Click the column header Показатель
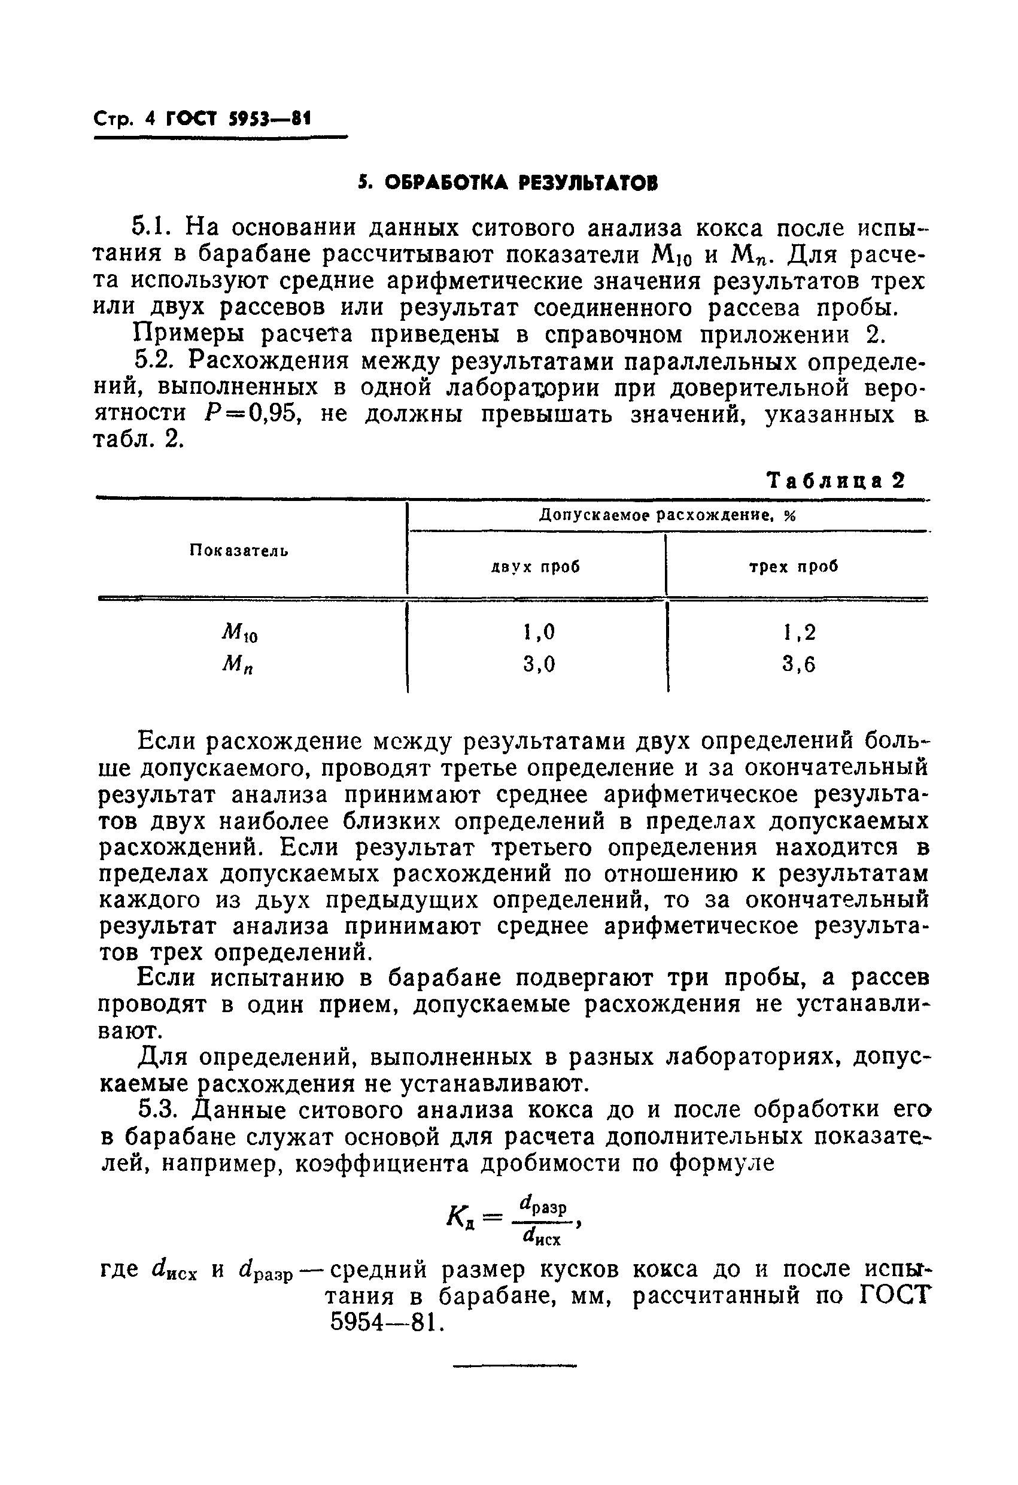click(x=238, y=551)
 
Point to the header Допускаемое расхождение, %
click(x=667, y=515)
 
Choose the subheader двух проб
click(x=536, y=567)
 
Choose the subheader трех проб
click(x=794, y=567)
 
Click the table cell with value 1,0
click(x=538, y=632)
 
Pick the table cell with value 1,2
click(x=799, y=632)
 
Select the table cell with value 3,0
click(x=538, y=664)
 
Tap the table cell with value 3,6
click(x=799, y=664)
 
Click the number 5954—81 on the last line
click(x=385, y=1322)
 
